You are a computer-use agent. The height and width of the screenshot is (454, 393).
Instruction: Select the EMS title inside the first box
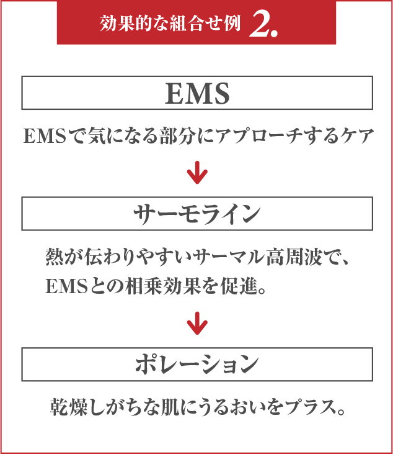click(197, 93)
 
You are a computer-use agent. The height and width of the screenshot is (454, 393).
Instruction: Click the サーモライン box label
click(197, 214)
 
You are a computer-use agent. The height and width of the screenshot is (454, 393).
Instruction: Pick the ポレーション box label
click(197, 365)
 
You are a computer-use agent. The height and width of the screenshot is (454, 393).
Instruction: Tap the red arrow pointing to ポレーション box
click(196, 324)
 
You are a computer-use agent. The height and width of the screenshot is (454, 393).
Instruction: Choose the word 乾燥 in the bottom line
click(69, 408)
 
